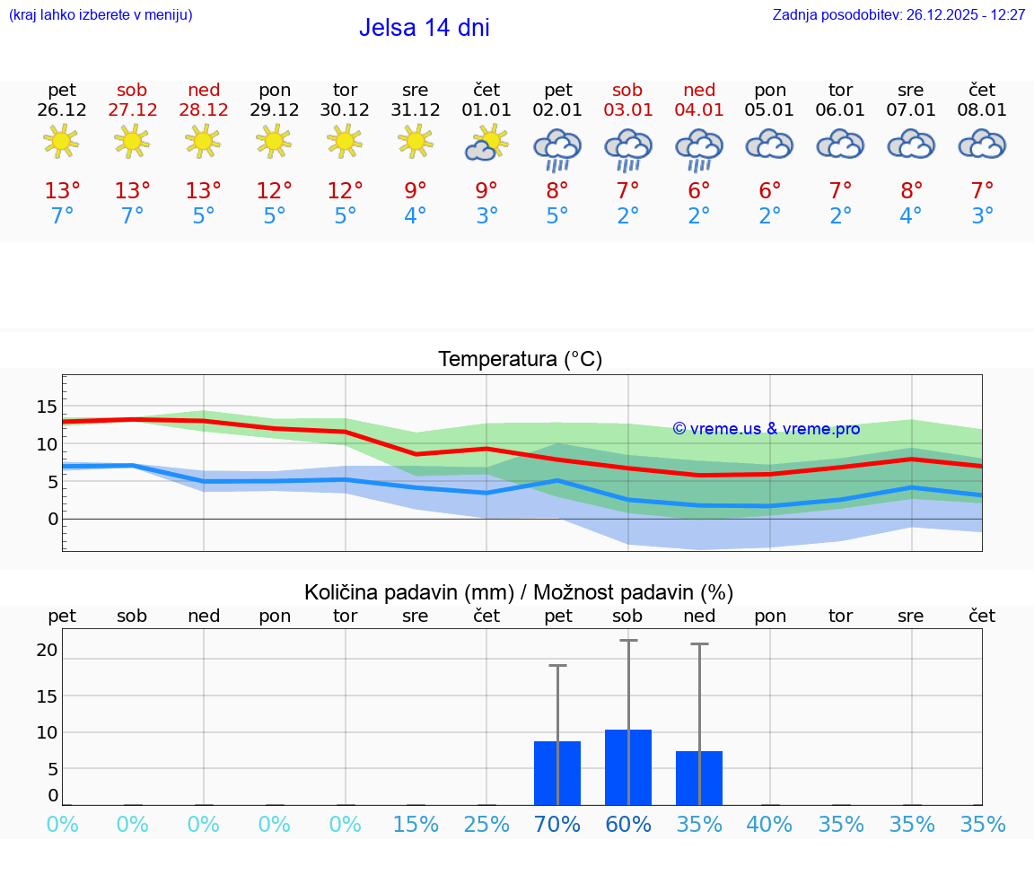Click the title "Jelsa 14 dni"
(424, 28)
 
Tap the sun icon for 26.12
(61, 142)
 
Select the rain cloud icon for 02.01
(557, 149)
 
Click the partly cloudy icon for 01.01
(486, 144)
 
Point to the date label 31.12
(415, 110)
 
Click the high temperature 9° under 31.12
(415, 191)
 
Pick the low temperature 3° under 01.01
(486, 216)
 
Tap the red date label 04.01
(699, 110)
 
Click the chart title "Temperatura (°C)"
(520, 360)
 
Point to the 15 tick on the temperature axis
(47, 407)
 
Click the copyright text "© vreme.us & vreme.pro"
(766, 429)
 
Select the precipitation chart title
(519, 592)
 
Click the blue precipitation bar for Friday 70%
(557, 773)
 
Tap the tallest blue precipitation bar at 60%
(628, 767)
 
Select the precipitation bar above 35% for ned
(699, 778)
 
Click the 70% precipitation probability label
(557, 825)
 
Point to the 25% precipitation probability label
(486, 825)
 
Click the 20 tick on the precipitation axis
(47, 650)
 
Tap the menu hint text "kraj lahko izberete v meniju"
(101, 15)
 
